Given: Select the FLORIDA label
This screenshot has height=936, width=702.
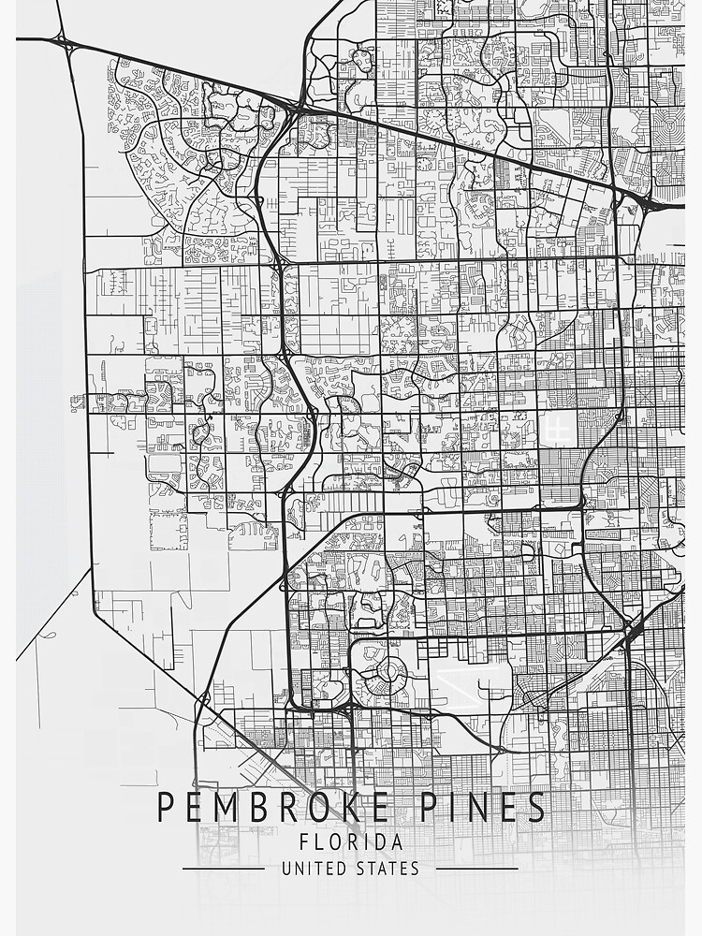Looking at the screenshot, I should click(x=351, y=842).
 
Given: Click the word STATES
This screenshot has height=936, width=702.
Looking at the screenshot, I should click(x=388, y=869).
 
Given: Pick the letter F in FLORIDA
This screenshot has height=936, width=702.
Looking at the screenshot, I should click(x=304, y=842).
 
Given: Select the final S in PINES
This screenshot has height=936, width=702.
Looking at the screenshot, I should click(x=536, y=807).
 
